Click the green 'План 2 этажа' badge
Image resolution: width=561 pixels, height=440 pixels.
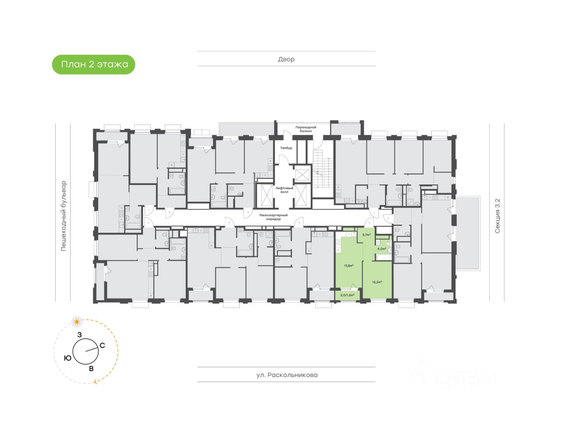[94, 64]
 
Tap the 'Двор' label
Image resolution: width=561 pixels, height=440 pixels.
[286, 59]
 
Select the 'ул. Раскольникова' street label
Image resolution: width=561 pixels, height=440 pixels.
[287, 375]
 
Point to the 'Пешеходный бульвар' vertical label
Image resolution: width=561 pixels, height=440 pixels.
[64, 216]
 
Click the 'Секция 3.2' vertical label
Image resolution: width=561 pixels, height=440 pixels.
[497, 216]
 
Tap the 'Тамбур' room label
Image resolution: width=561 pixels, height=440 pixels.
[287, 148]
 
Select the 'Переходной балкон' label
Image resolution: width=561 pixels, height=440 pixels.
[305, 129]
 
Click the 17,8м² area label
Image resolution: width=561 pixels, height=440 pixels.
[349, 265]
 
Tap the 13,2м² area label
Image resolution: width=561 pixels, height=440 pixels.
[376, 282]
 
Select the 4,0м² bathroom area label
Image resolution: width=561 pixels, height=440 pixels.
[381, 249]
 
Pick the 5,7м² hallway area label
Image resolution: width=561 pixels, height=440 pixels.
[366, 235]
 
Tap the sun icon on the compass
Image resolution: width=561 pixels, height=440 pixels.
[77, 322]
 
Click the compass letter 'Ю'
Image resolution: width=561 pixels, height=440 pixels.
[67, 358]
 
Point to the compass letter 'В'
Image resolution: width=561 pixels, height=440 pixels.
[91, 369]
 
